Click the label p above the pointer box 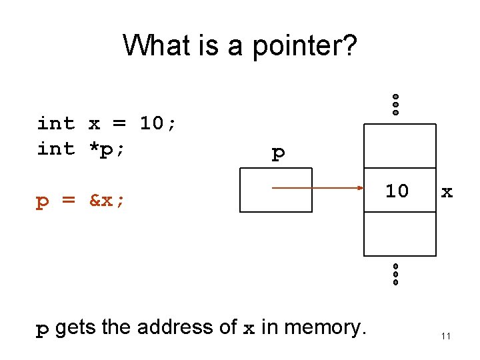[x=278, y=154]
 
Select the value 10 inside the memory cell [x=397, y=191]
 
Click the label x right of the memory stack [x=447, y=193]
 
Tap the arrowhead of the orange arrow [x=358, y=189]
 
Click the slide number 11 [x=446, y=336]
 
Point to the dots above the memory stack [x=395, y=104]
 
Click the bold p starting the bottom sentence [x=42, y=329]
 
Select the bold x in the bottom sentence [x=248, y=329]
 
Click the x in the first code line [x=94, y=123]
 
